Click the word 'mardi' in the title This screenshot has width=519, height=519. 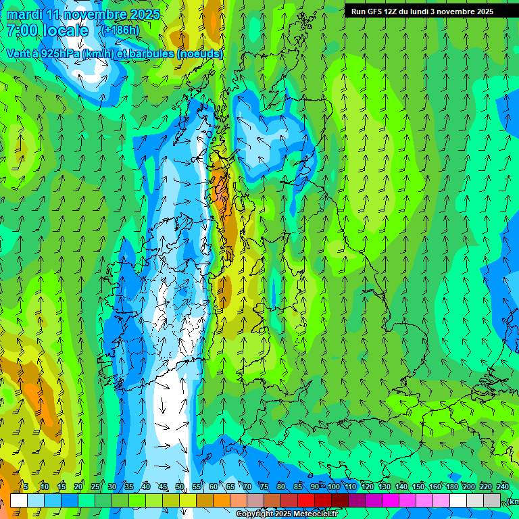22,14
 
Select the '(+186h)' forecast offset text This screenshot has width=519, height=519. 120,30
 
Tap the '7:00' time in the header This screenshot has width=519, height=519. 22,30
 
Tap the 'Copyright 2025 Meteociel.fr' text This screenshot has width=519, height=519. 287,514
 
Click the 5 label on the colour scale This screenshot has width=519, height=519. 26,487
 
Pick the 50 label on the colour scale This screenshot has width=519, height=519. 180,487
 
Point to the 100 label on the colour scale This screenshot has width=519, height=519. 334,487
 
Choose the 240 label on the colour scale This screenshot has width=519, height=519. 503,487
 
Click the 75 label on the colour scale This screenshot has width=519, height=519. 264,487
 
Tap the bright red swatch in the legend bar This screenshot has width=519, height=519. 306,500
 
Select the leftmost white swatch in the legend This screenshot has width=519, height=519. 19,500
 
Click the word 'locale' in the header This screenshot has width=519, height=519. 64,30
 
